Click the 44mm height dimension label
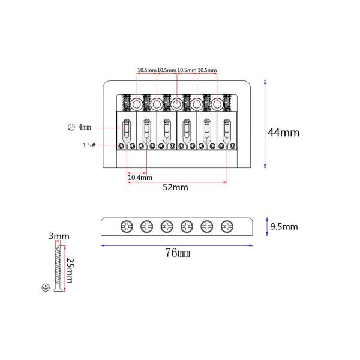[283, 133]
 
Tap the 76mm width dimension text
[178, 253]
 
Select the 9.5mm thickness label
[284, 227]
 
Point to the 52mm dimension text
[175, 187]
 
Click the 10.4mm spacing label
[140, 178]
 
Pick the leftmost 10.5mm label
[147, 70]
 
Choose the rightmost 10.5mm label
[207, 70]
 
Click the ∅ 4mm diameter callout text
[79, 127]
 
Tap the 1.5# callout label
[89, 145]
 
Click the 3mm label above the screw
[59, 236]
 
